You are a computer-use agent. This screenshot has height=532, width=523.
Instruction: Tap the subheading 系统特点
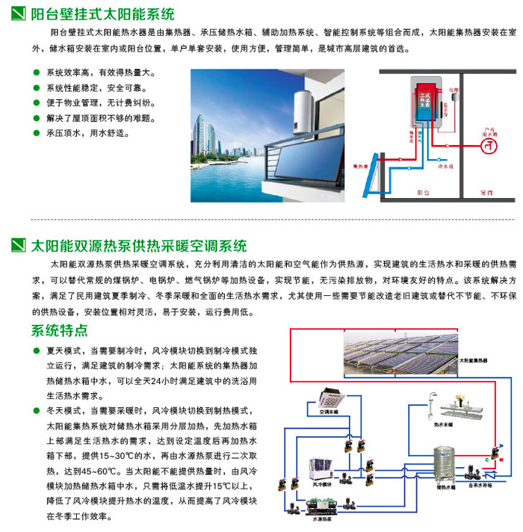60,331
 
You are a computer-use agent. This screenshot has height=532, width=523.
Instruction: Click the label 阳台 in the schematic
426,192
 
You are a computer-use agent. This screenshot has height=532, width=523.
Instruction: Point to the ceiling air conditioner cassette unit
328,397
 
